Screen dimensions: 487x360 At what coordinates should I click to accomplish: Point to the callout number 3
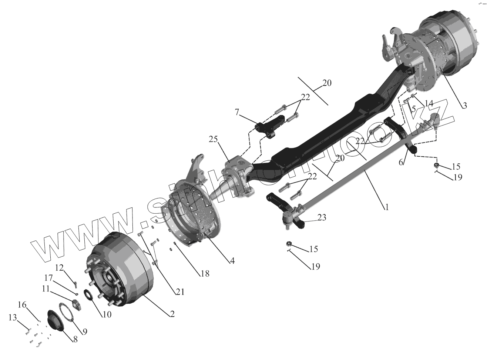[x=464, y=105]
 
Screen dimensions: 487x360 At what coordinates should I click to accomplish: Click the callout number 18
[x=204, y=274]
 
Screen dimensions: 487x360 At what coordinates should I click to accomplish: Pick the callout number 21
[x=180, y=292]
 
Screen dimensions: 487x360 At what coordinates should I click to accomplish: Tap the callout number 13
[x=13, y=317]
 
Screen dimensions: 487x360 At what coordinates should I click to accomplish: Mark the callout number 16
[x=23, y=304]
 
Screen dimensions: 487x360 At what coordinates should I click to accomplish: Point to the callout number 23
[x=322, y=218]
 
